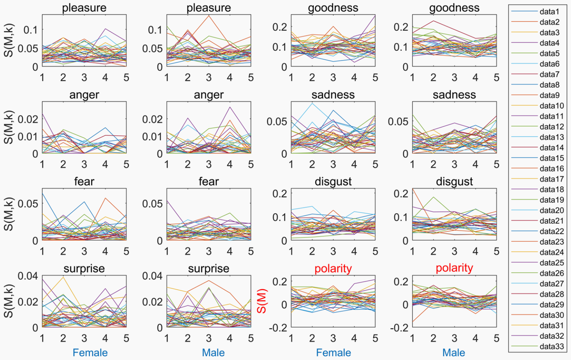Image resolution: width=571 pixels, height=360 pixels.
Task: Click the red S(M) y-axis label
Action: (262, 301)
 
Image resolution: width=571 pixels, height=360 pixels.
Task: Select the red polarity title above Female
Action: (333, 268)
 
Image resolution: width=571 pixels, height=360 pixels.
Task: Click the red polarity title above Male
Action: (454, 268)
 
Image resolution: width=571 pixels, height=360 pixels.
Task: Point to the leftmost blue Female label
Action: (90, 352)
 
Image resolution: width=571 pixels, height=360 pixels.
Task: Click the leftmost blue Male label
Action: (213, 352)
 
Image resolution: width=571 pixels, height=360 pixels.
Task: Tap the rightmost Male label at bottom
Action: (454, 352)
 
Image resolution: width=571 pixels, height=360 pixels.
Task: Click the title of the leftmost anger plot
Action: (84, 95)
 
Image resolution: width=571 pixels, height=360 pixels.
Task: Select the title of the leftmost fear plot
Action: (84, 181)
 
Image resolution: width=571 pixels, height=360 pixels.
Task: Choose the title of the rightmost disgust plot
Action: (454, 181)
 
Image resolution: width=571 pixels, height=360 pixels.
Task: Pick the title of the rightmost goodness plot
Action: (454, 8)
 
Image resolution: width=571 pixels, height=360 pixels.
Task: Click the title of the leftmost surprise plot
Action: (84, 268)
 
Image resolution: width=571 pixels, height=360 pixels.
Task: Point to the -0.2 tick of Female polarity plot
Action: (278, 328)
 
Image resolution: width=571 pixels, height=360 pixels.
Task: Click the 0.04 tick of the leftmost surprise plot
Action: (28, 276)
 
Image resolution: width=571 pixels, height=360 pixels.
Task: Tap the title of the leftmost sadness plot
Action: (333, 95)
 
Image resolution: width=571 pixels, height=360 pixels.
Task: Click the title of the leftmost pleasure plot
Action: (84, 8)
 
